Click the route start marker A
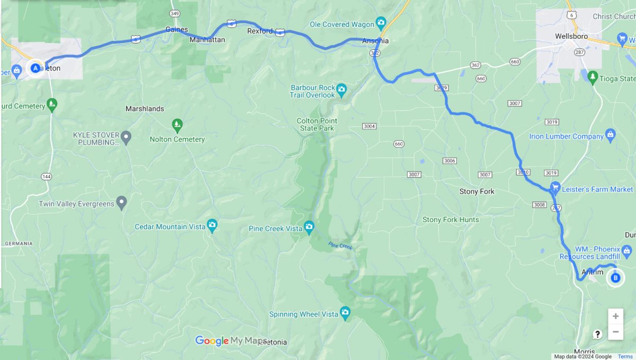36,68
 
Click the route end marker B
615,277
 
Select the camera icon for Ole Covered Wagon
381,23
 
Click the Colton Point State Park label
316,125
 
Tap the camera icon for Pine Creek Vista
309,228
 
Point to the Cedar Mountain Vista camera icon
212,225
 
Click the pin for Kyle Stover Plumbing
126,138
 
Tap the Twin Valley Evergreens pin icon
122,203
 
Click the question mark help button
597,334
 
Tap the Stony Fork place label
477,191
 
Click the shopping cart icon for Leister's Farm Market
555,187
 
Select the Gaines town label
176,29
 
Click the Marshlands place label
145,109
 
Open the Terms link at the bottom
625,356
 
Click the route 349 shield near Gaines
175,13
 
